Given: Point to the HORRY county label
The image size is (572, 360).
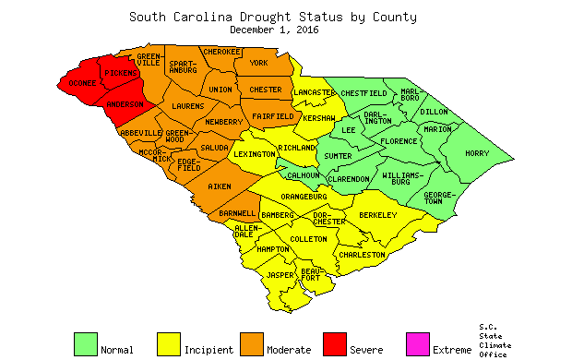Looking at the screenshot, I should [476, 153].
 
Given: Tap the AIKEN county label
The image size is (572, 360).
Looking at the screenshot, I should [220, 187].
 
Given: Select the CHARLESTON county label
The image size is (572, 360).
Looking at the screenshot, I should [362, 254].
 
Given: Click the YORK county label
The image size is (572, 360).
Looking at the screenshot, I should [258, 63].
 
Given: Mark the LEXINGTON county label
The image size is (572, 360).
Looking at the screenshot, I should [254, 154].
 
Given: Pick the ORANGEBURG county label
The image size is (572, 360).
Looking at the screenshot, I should [304, 196].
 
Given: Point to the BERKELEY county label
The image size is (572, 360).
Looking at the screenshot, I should [377, 215].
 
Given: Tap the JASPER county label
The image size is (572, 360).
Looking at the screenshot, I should [280, 275].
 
